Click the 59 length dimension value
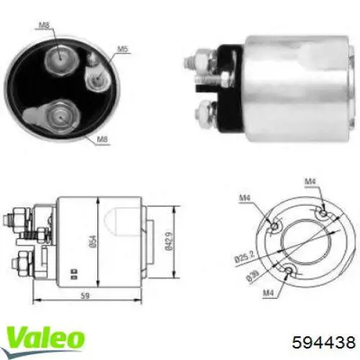[84, 294]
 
